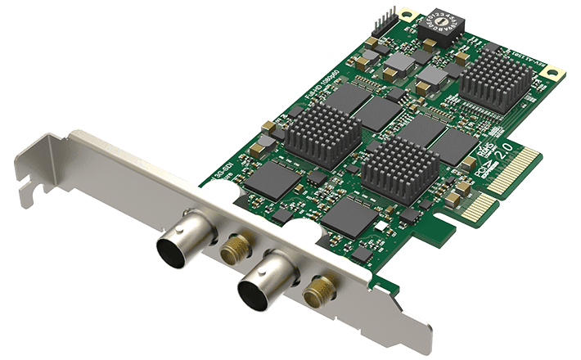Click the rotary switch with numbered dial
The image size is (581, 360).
(x=442, y=28)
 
